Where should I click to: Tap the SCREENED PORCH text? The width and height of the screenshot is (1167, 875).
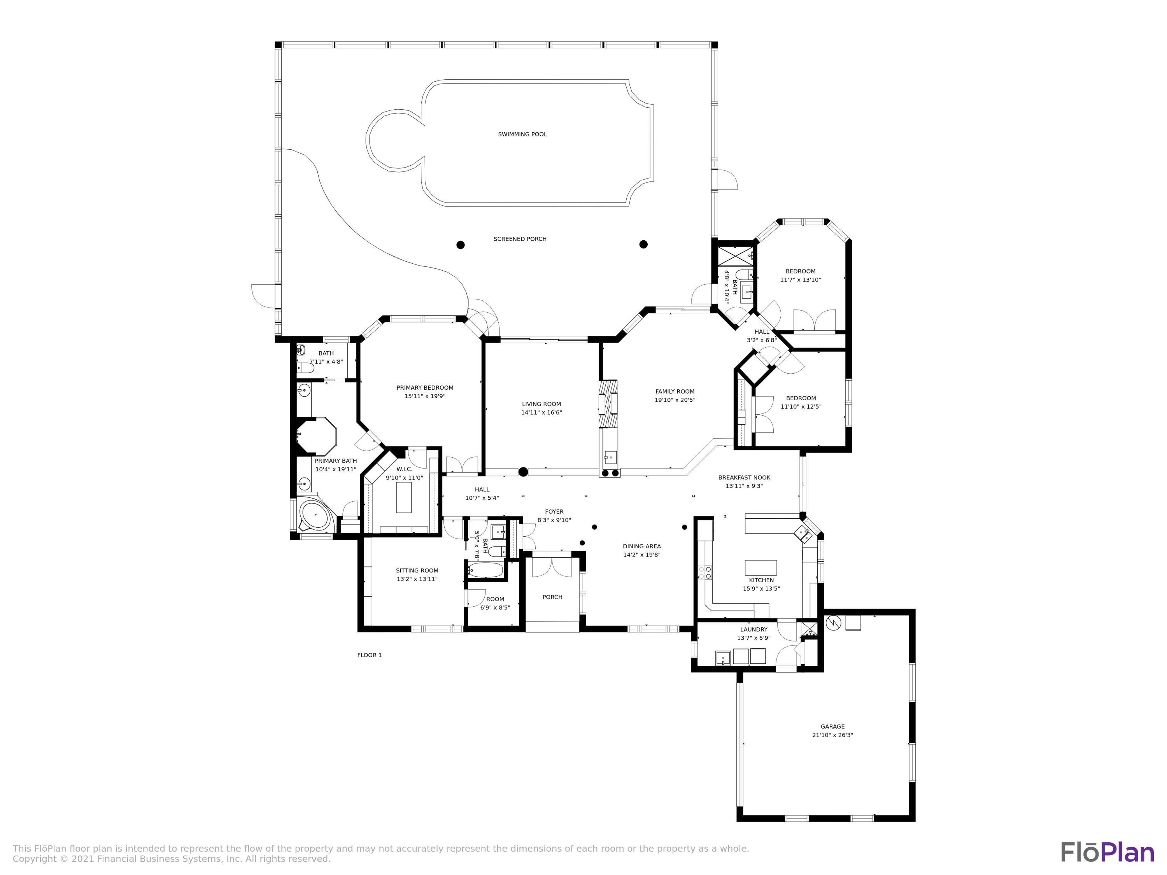click(520, 239)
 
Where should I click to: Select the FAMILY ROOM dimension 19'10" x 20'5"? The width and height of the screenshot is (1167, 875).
click(675, 400)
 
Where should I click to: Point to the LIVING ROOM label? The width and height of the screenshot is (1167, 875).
click(541, 404)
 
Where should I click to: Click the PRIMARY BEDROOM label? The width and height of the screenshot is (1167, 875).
click(425, 388)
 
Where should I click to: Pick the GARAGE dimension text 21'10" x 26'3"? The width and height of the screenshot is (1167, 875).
click(832, 735)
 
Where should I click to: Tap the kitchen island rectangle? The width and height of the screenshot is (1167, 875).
click(761, 567)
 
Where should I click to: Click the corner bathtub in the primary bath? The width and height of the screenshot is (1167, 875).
click(315, 514)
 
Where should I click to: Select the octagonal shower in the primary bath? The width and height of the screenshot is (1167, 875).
click(316, 436)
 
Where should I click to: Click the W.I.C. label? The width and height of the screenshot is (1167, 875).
click(404, 469)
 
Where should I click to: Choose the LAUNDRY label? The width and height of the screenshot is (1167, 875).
click(753, 630)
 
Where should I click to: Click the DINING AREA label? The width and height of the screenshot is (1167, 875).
click(641, 546)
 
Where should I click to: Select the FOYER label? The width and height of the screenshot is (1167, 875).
click(554, 512)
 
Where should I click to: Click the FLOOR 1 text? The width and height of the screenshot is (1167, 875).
click(369, 655)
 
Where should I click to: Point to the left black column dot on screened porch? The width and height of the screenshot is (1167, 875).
click(460, 245)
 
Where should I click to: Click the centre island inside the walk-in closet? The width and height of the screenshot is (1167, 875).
click(404, 497)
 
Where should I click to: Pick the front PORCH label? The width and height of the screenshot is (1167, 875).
click(552, 597)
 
